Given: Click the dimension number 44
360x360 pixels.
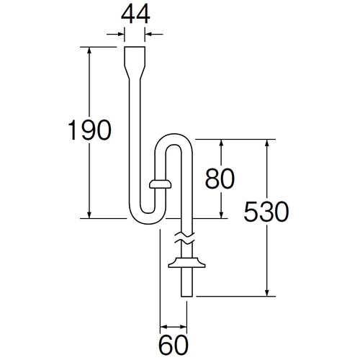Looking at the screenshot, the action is coord(135,14).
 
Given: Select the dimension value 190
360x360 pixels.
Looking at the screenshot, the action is coord(90,130).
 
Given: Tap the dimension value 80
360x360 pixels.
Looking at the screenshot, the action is coord(220,179).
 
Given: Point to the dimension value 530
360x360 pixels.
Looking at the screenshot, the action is coord(266,212).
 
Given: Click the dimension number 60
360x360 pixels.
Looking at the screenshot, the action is coord(174,345).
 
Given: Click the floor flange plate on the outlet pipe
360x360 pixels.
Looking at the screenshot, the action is coord(186,263).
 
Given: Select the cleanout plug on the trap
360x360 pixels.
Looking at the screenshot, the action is coord(160,184).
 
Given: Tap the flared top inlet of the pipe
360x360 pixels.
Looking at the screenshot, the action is coord(135,63).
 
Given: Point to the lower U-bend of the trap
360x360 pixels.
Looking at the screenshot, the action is coord(147,218).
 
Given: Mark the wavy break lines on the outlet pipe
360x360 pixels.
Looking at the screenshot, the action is coord(184,237).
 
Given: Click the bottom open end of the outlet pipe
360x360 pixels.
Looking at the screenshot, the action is coord(186,297).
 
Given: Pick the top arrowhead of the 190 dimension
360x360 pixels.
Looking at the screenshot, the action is coord(89,50).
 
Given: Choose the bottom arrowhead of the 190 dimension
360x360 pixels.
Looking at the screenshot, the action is coord(89,215).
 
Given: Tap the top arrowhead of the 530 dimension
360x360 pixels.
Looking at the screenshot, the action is coord(266,143).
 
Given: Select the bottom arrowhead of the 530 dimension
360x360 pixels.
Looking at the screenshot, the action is coord(266,292).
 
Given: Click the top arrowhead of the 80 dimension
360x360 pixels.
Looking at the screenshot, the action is coord(221,143).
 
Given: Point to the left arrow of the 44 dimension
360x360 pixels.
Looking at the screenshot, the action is coord(116,35).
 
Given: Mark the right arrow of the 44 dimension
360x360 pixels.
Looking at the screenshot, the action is coord(154,35).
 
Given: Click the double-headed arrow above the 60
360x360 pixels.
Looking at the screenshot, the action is coord(174,327).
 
